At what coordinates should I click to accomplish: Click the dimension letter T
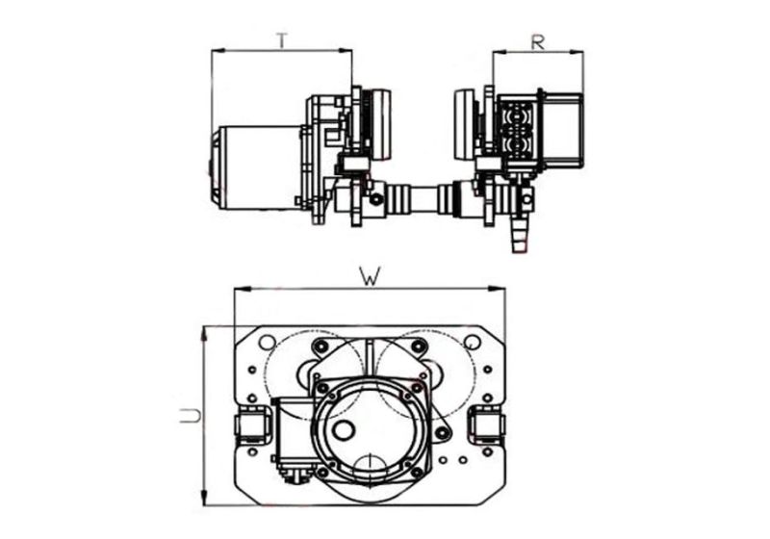coord(281,39)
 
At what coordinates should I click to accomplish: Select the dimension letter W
coord(368,276)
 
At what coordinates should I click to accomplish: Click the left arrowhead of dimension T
coord(216,51)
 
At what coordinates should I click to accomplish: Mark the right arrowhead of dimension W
coord(500,289)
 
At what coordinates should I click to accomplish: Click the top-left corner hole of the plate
coord(267,342)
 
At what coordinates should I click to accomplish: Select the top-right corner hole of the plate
coord(472,342)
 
